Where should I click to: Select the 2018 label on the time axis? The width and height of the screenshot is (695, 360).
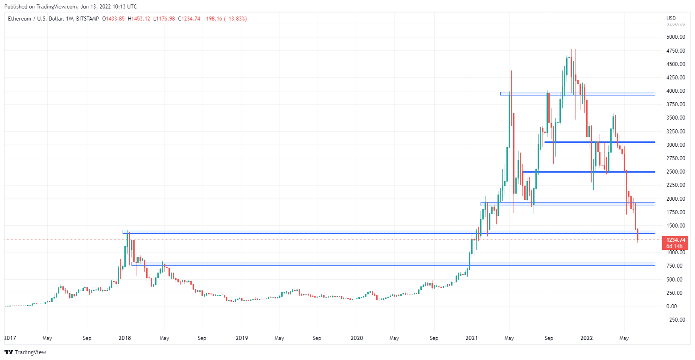pyautogui.click(x=125, y=338)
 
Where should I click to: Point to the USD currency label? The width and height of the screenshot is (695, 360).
pyautogui.click(x=671, y=18)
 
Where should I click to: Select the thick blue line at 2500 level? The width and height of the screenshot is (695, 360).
pyautogui.click(x=588, y=172)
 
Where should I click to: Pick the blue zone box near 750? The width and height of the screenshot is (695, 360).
pyautogui.click(x=392, y=264)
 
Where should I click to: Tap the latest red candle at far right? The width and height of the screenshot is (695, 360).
pyautogui.click(x=638, y=235)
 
